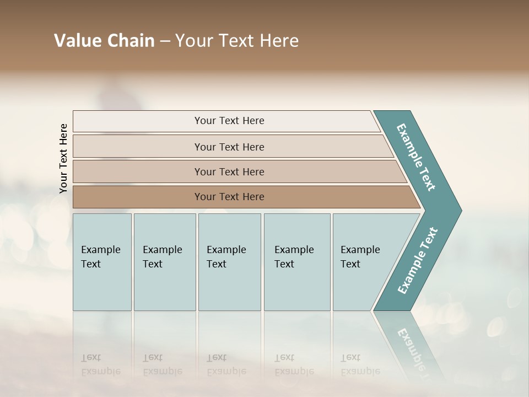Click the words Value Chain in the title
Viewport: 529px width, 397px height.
click(x=104, y=41)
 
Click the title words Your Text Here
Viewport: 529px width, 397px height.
click(x=237, y=41)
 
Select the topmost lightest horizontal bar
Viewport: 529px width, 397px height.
click(x=138, y=121)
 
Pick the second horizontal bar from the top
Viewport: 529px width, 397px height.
click(x=138, y=147)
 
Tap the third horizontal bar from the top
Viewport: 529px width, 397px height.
click(x=138, y=171)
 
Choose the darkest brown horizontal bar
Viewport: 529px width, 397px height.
click(x=138, y=197)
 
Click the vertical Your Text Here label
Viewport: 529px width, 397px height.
click(x=63, y=158)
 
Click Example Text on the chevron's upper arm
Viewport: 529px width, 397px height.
click(x=416, y=157)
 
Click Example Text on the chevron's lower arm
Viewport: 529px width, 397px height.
click(x=418, y=261)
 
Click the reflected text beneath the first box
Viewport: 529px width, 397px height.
click(x=100, y=364)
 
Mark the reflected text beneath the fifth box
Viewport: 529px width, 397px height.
click(x=360, y=364)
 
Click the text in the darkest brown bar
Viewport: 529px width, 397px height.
click(x=229, y=197)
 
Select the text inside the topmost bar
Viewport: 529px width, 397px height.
click(x=229, y=121)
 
